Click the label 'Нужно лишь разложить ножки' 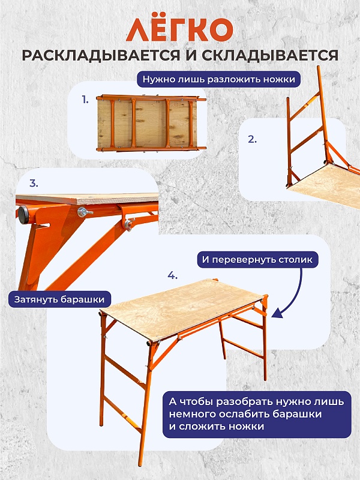point(218,79)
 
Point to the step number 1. point(85,100)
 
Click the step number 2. point(252,139)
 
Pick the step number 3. point(34,184)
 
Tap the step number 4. point(172,275)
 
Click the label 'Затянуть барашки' point(59,299)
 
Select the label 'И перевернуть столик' point(257,260)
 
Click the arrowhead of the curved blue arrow point(277,313)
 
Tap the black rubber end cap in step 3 point(23,215)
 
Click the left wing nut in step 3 point(83,212)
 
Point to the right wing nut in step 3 point(129,223)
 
